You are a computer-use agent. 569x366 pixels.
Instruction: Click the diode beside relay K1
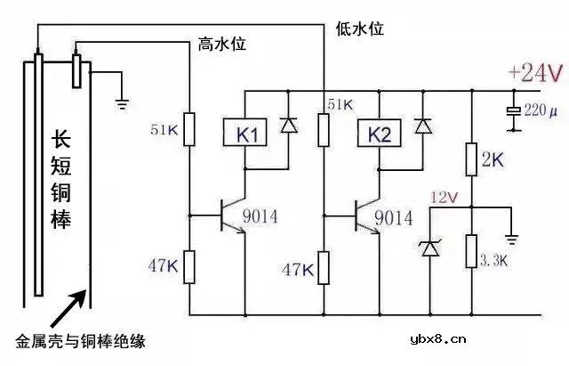click(287, 126)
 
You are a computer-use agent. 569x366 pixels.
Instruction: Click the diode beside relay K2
click(423, 126)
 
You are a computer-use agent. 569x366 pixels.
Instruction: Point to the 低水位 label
click(359, 28)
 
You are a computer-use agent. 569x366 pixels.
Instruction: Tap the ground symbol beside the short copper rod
click(123, 102)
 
